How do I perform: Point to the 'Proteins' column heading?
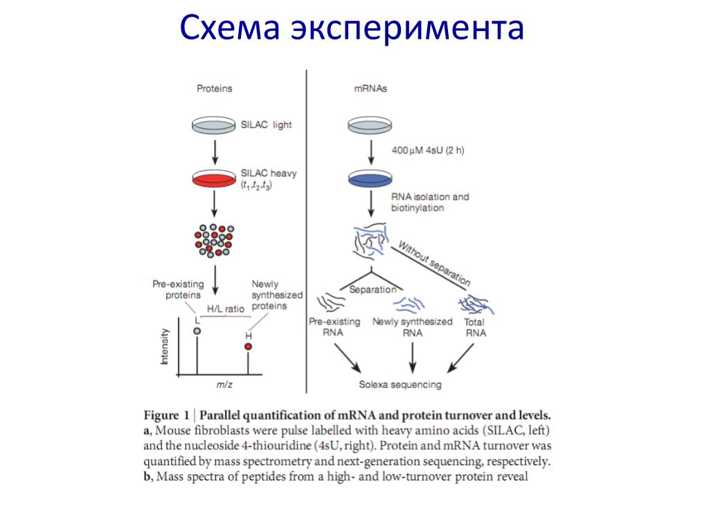click(214, 88)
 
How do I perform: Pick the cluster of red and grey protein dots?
click(214, 239)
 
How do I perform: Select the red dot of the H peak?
click(248, 346)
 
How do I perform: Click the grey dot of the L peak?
click(197, 331)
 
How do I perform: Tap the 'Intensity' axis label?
click(165, 346)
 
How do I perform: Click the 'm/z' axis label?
click(224, 385)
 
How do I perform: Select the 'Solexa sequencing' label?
click(400, 385)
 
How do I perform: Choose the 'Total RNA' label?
click(475, 327)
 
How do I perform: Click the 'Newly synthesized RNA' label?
click(412, 327)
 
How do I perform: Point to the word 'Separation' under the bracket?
click(373, 290)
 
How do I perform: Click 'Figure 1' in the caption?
click(166, 416)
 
